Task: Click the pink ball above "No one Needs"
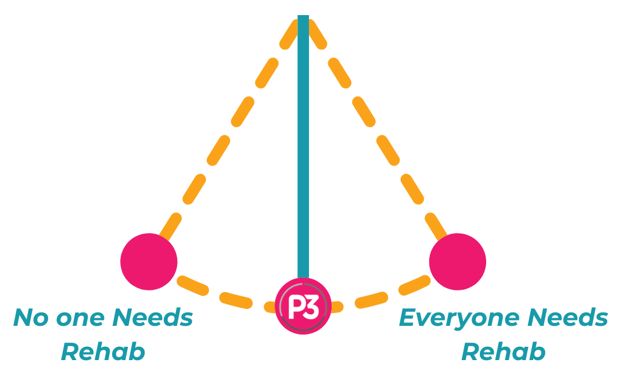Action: tap(149, 261)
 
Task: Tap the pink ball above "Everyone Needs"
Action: tap(458, 261)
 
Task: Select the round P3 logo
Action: tap(303, 306)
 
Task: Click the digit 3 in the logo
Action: tap(311, 307)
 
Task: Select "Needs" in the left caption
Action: tap(152, 318)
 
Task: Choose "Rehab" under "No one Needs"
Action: tap(103, 352)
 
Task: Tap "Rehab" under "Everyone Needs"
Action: tap(503, 352)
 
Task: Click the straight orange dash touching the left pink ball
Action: tap(168, 229)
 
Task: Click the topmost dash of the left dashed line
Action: tap(289, 35)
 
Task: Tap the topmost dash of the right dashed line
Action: tap(317, 35)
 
